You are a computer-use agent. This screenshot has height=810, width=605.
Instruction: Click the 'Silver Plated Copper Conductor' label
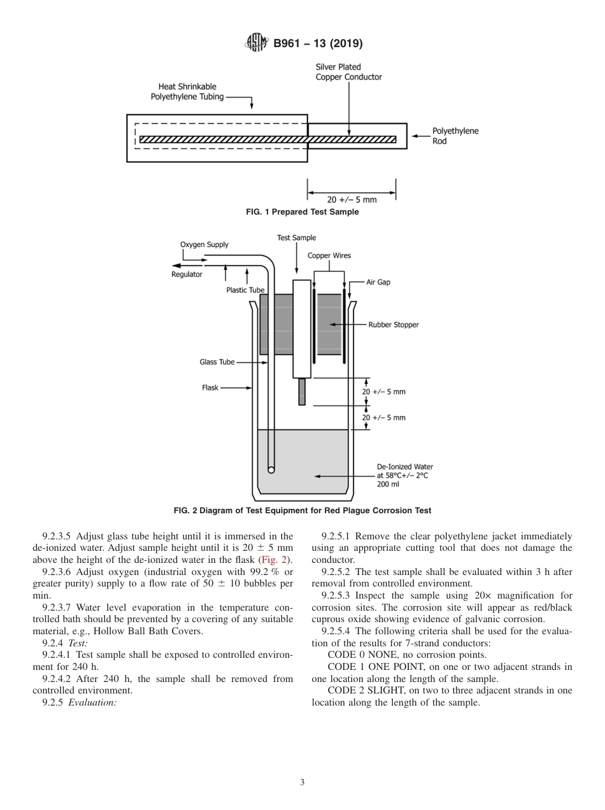pyautogui.click(x=348, y=72)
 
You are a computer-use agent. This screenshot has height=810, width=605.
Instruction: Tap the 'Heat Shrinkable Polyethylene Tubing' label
pyautogui.click(x=187, y=92)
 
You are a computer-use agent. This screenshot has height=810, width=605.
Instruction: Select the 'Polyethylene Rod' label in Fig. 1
pyautogui.click(x=455, y=136)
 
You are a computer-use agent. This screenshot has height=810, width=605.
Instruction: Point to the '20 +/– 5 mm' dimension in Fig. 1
pyautogui.click(x=352, y=199)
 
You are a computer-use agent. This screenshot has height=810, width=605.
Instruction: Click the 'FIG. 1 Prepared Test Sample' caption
pyautogui.click(x=302, y=212)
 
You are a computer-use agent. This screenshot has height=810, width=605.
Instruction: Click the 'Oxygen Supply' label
pyautogui.click(x=204, y=245)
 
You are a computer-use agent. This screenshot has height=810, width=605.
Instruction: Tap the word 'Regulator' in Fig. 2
pyautogui.click(x=187, y=274)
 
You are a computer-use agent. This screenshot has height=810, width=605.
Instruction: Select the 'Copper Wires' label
pyautogui.click(x=329, y=255)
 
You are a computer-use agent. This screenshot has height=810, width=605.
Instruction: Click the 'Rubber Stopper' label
pyautogui.click(x=393, y=325)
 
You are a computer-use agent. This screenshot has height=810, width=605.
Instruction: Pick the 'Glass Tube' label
pyautogui.click(x=217, y=362)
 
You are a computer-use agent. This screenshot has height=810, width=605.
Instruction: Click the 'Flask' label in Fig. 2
pyautogui.click(x=210, y=387)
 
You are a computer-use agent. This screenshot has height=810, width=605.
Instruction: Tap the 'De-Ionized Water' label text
pyautogui.click(x=404, y=467)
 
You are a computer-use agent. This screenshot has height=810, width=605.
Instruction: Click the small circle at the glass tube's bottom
pyautogui.click(x=271, y=470)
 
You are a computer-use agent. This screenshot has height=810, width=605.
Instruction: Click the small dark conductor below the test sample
pyautogui.click(x=302, y=392)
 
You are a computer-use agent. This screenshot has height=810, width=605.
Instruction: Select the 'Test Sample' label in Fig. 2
pyautogui.click(x=296, y=238)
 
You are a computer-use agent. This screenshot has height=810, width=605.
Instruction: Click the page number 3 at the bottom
pyautogui.click(x=302, y=782)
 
